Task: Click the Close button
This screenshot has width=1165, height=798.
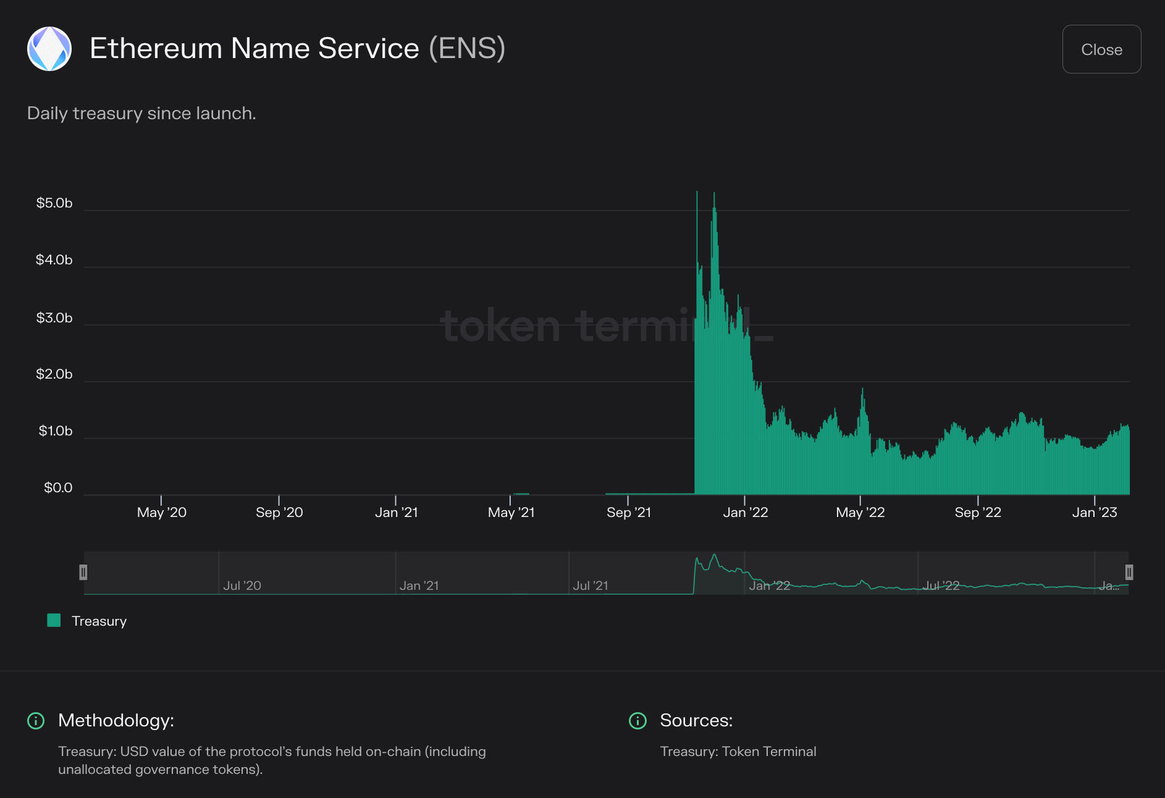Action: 1101,49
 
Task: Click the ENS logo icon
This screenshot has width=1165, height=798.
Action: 49,49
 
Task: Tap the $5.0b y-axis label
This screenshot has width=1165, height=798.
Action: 54,203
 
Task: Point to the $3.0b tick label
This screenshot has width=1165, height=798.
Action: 54,318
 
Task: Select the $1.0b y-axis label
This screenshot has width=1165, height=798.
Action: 56,431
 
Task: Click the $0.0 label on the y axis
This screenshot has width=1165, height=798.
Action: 58,488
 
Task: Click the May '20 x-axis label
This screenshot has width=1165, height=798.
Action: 161,513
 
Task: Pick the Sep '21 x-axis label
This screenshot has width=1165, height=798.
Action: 629,513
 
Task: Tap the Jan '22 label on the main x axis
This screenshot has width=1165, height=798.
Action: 746,513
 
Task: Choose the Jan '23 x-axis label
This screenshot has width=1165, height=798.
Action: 1095,513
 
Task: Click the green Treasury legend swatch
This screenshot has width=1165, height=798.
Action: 54,621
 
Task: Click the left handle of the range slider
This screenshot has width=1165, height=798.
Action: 83,573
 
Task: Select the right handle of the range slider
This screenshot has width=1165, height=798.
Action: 1129,573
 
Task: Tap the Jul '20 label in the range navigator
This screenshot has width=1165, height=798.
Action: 242,586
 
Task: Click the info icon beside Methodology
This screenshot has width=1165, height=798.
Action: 36,721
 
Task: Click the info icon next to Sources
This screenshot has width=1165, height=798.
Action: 637,721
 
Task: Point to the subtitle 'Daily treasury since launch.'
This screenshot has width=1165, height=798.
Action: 141,114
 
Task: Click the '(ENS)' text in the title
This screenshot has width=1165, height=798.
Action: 467,48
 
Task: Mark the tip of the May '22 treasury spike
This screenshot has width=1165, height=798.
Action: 862,389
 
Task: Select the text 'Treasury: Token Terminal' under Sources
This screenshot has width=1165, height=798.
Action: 738,752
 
